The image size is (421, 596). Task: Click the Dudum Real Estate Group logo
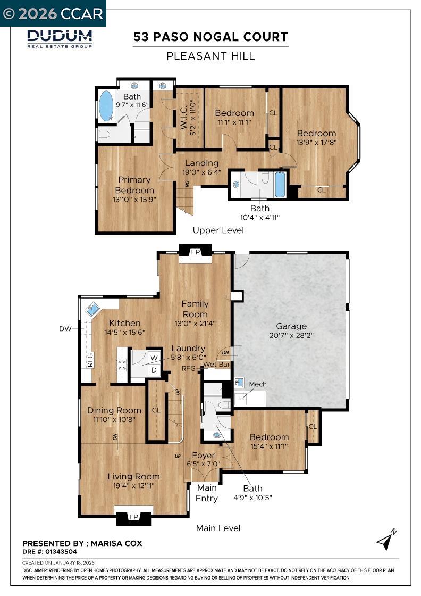60,38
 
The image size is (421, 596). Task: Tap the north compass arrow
386,540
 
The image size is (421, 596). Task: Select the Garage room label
291,326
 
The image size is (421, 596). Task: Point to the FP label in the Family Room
196,252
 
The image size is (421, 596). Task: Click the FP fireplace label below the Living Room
134,517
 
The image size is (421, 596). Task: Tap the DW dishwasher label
65,329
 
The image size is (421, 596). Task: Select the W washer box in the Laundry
154,358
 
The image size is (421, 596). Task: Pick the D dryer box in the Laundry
154,369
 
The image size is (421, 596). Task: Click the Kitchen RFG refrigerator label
90,360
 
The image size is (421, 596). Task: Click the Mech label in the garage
258,384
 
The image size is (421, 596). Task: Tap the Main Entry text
207,493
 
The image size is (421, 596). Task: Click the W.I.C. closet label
183,120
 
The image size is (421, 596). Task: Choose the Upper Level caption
218,230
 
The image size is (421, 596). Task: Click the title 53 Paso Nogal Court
210,37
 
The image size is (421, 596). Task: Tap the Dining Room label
114,410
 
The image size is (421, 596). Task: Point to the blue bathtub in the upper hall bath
280,184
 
